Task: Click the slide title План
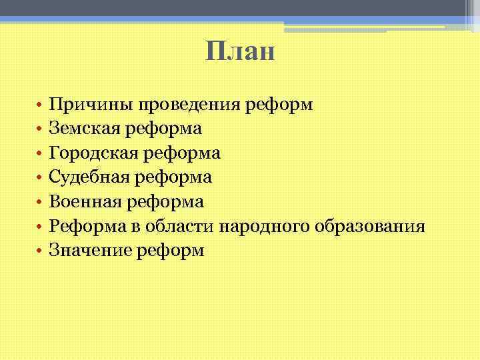coord(240,51)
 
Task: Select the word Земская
coord(82,129)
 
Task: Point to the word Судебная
coord(86,177)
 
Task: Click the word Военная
coord(83,202)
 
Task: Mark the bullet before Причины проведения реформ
coord(40,105)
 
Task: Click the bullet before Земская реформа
coord(40,130)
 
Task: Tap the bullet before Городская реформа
coord(40,154)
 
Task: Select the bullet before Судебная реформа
coord(40,179)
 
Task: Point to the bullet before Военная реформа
coord(40,203)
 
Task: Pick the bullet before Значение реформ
coord(40,251)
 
